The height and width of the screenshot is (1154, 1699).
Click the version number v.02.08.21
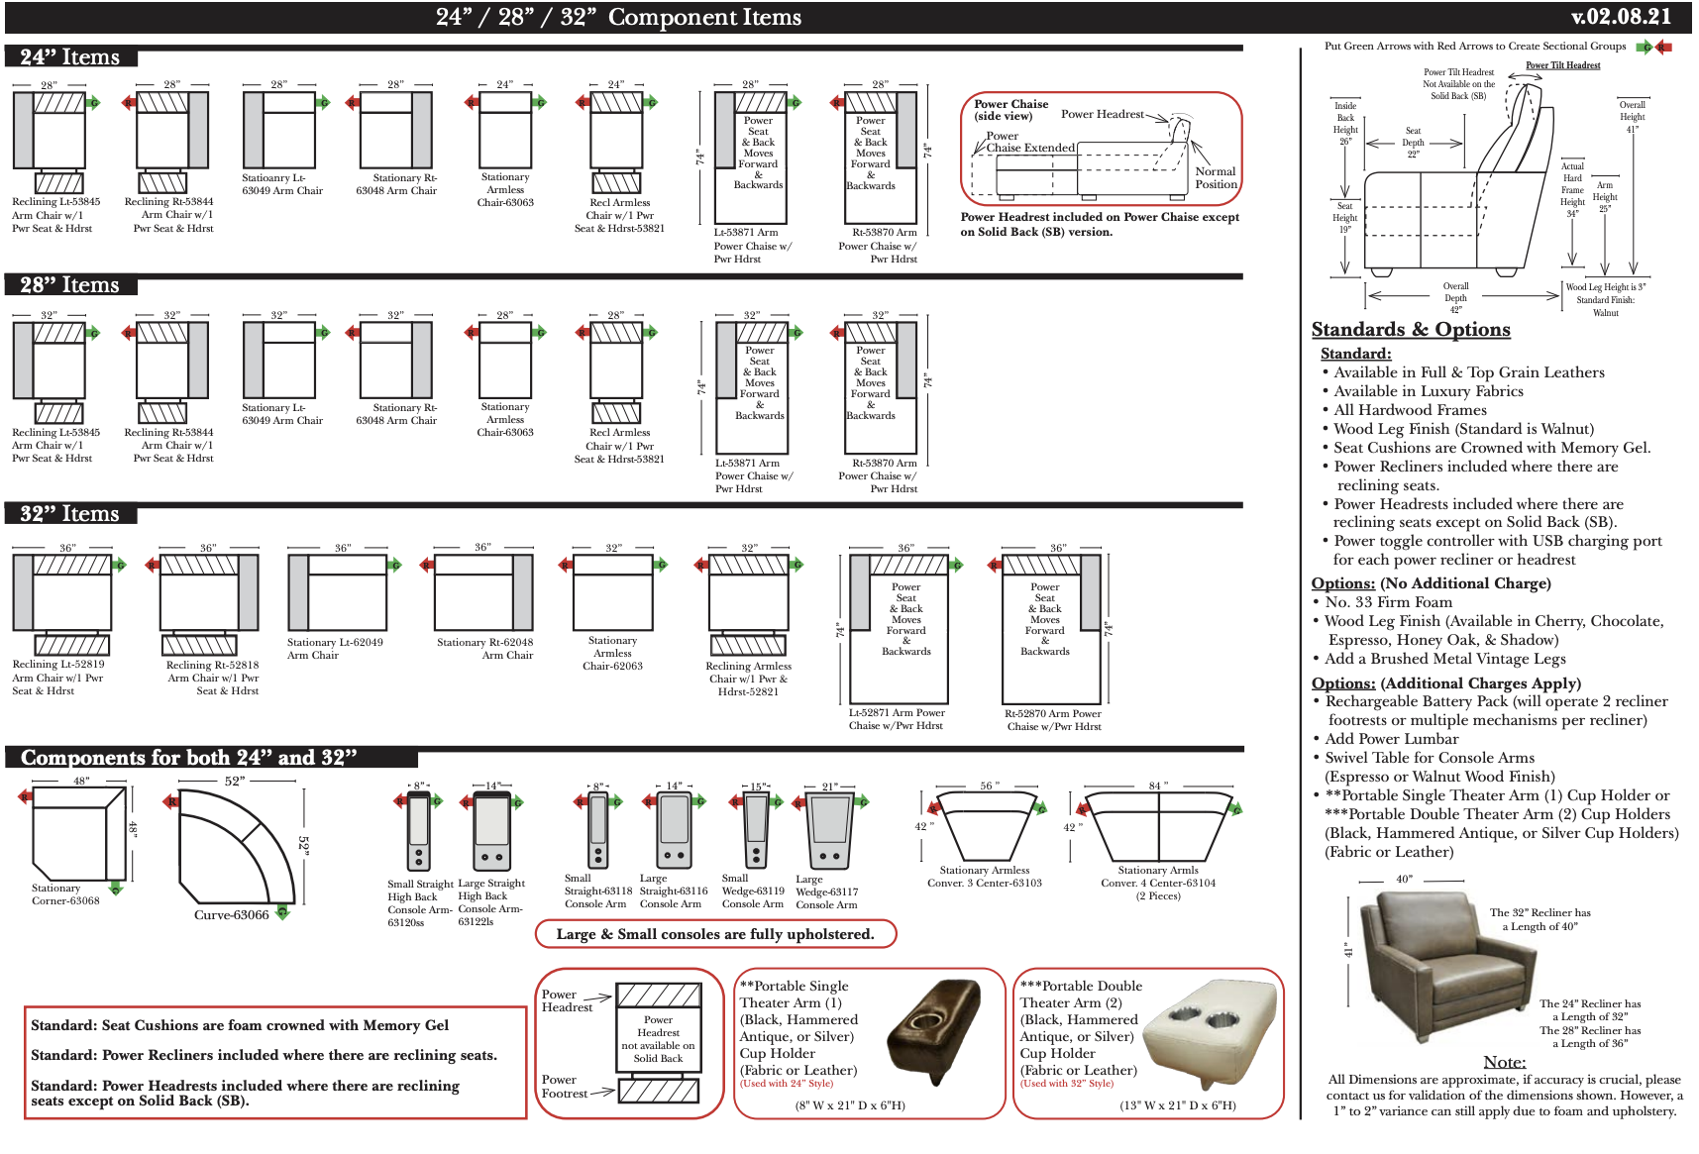pyautogui.click(x=1621, y=17)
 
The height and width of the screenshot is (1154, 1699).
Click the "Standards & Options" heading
pyautogui.click(x=1410, y=330)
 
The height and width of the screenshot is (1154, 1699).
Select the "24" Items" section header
pyautogui.click(x=69, y=57)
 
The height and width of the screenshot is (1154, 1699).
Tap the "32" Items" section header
pyautogui.click(x=69, y=514)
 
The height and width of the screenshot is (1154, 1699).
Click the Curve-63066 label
pyautogui.click(x=231, y=915)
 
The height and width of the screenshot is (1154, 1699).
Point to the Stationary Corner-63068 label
pyautogui.click(x=64, y=894)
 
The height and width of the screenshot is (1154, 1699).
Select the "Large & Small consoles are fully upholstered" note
pyautogui.click(x=714, y=934)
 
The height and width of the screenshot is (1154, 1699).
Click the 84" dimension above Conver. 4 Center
pyautogui.click(x=1155, y=786)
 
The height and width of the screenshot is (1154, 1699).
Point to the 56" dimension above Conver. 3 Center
pyautogui.click(x=987, y=786)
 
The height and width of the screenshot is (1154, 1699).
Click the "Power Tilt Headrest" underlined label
pyautogui.click(x=1562, y=65)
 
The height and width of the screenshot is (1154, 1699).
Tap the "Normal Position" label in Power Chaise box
pyautogui.click(x=1216, y=177)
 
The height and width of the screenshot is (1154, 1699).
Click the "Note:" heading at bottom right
pyautogui.click(x=1504, y=1062)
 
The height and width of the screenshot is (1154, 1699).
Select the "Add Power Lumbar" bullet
pyautogui.click(x=1391, y=739)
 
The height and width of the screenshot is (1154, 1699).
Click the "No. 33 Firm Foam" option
pyautogui.click(x=1388, y=602)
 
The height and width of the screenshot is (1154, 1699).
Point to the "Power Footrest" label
pyautogui.click(x=564, y=1087)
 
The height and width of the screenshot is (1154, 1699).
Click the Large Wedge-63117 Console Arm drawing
pyautogui.click(x=830, y=832)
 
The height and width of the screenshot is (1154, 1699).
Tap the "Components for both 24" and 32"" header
pyautogui.click(x=188, y=758)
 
